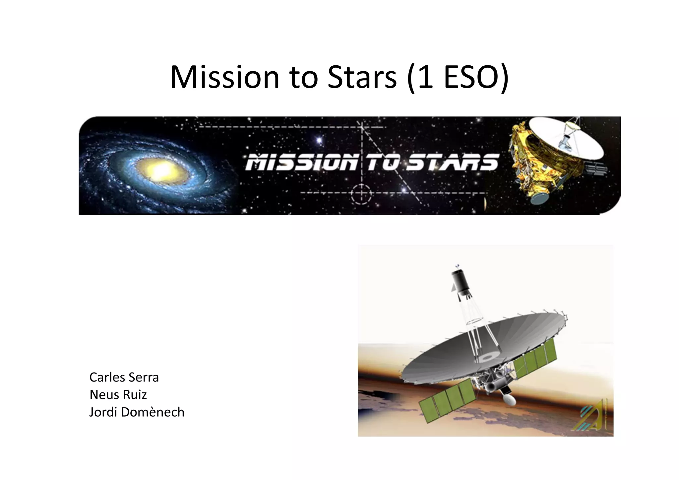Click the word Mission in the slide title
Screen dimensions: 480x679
coord(224,78)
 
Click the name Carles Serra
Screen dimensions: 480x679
coord(124,377)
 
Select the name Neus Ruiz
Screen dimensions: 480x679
coord(118,395)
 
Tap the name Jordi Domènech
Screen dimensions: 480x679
coord(137,412)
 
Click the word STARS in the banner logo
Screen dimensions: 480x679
coord(453,163)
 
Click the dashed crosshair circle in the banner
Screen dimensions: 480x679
coord(361,194)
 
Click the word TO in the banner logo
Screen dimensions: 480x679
coord(381,163)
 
